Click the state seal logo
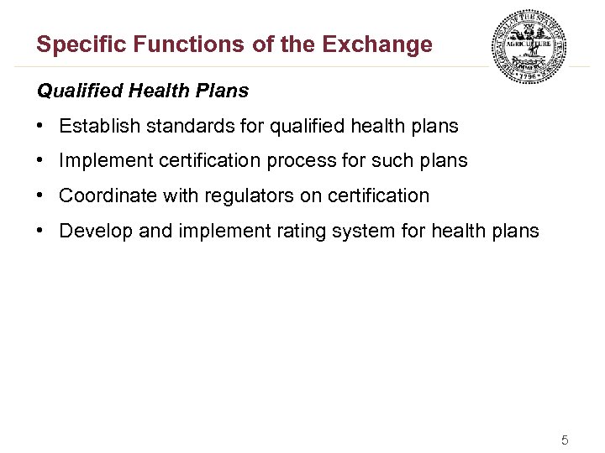point(529,47)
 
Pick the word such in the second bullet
point(385,161)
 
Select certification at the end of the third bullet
point(377,195)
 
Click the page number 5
point(565,440)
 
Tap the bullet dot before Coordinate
point(40,195)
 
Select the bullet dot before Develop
point(40,231)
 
